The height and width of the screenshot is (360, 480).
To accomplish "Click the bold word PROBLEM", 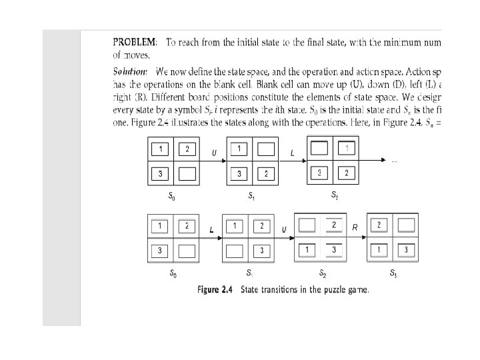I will click(x=135, y=43).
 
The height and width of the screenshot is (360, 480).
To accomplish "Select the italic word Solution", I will click(x=129, y=71).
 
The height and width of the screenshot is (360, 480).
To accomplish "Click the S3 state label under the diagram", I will click(x=393, y=273).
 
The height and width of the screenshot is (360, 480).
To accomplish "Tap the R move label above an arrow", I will click(x=355, y=228).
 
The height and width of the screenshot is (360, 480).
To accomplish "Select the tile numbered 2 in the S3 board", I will click(x=379, y=225).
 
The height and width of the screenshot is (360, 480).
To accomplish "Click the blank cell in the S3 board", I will click(x=405, y=225).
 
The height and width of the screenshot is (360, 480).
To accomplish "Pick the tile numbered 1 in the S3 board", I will click(x=379, y=249).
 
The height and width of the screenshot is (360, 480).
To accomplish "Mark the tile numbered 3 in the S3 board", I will click(x=405, y=249).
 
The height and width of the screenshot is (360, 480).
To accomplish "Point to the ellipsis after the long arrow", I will click(x=394, y=161).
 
